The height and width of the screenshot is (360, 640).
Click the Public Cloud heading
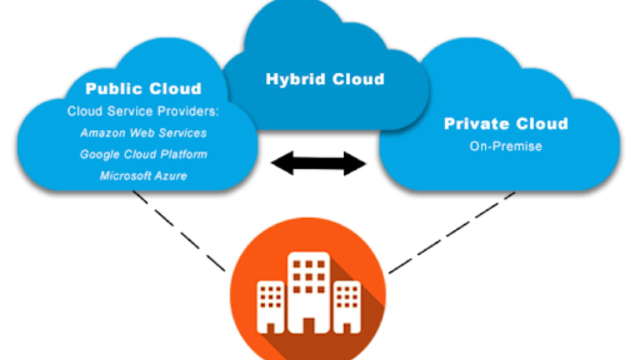coord(143,89)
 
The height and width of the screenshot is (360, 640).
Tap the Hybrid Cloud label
coord(325,79)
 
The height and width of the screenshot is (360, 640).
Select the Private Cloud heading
coord(506,123)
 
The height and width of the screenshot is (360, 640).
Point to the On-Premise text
coord(506,146)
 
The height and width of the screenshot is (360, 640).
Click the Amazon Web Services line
coord(143,133)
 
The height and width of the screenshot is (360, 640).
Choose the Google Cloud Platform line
coord(143,154)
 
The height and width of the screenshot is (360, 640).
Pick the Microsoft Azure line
coord(143,175)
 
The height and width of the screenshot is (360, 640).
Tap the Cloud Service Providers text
coord(143,111)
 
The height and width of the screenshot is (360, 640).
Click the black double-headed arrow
coord(318,163)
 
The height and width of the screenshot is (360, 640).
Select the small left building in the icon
coord(270,305)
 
